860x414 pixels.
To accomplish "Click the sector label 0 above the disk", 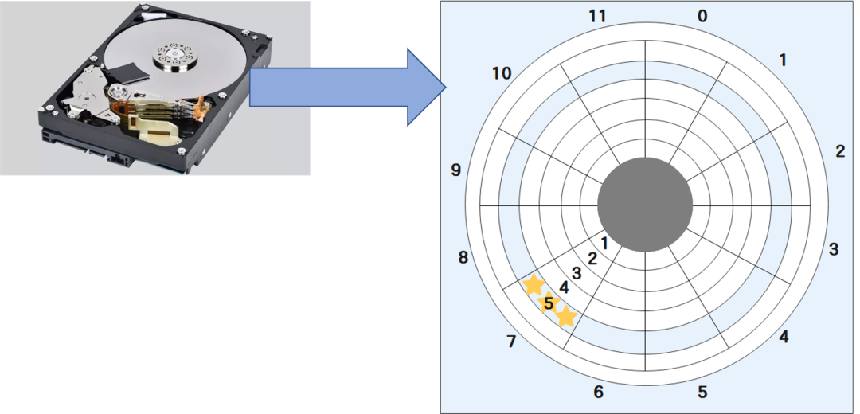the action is tap(702, 16).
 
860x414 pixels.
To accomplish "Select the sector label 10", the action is tap(501, 74).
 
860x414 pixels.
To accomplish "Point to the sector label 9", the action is tap(455, 170).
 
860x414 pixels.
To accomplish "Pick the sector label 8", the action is tap(463, 257).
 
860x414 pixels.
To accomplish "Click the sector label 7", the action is tap(511, 342).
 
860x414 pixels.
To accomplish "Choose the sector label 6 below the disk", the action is tap(598, 392).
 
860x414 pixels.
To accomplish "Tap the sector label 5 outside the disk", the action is tap(702, 392).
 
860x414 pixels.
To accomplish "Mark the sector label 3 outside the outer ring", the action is tap(833, 249).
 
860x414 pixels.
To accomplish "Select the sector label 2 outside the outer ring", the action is tap(839, 151).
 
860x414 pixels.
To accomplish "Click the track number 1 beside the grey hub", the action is tap(604, 243).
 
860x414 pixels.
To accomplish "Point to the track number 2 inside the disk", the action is tap(592, 258).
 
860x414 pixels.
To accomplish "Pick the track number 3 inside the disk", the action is tap(577, 273).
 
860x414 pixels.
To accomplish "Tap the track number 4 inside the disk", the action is tap(564, 287).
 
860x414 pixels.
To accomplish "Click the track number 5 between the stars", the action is tap(549, 303).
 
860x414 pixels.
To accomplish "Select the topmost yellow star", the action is tap(533, 284).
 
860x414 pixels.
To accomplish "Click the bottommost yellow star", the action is tap(566, 317).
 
